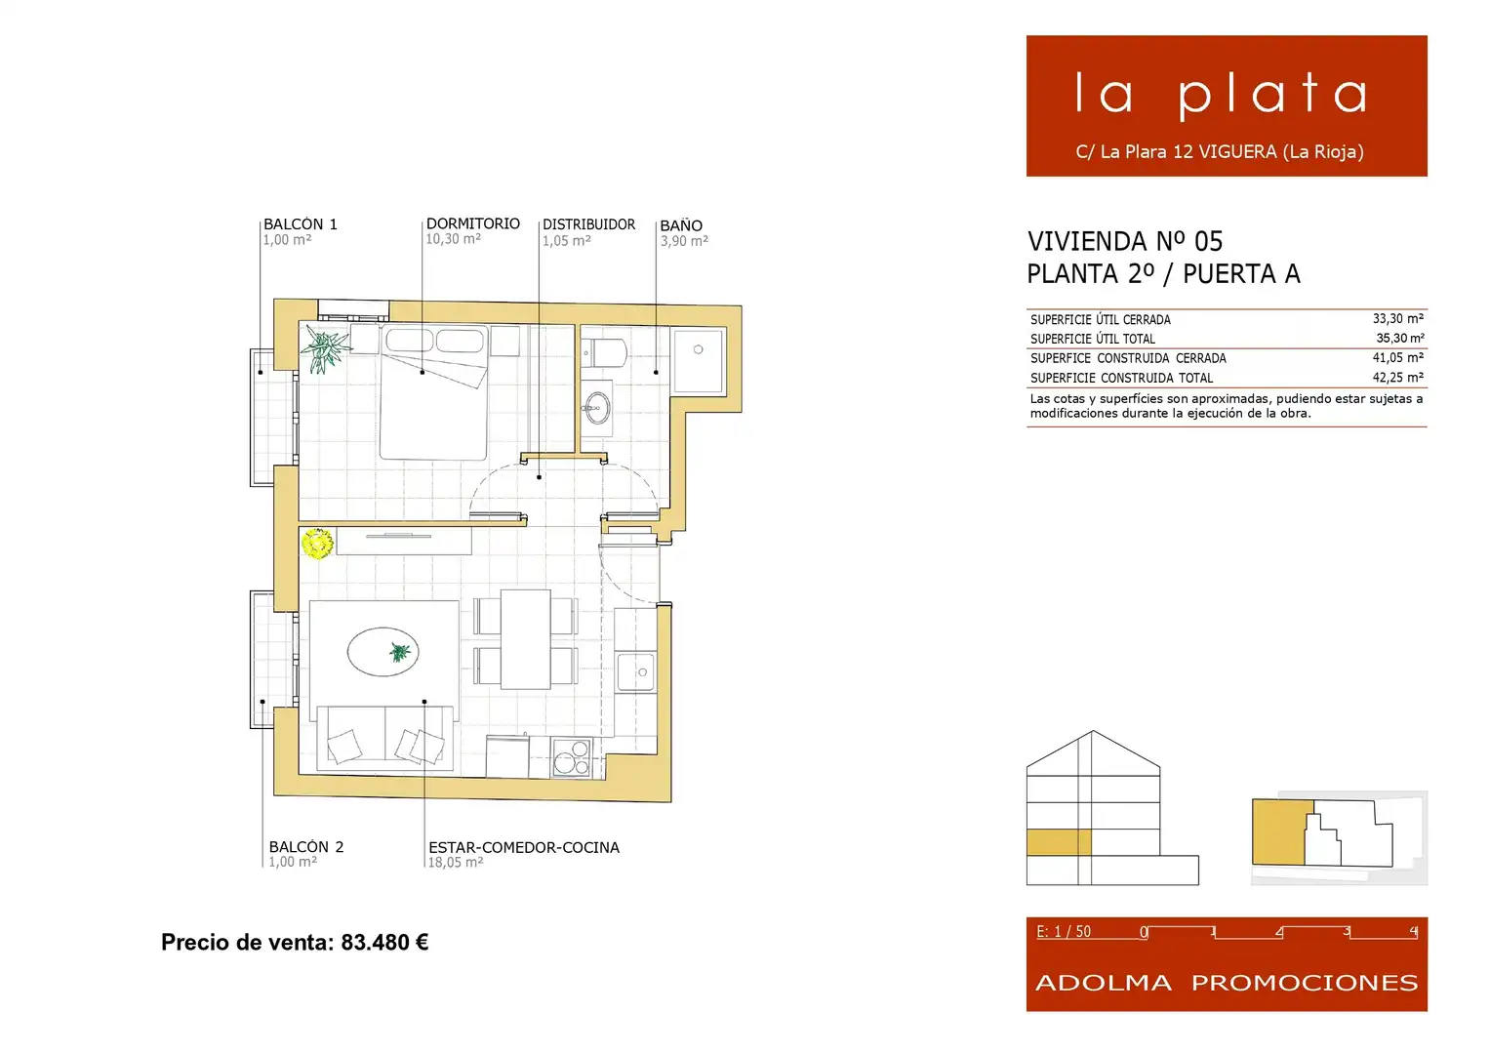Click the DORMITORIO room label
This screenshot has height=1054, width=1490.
(473, 223)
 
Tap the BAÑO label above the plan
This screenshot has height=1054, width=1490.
(681, 225)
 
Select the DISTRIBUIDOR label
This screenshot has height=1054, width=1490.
(588, 224)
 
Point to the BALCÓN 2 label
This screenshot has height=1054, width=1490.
(306, 846)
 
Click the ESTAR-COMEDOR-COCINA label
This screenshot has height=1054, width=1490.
(524, 847)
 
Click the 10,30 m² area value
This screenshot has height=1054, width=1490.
(453, 239)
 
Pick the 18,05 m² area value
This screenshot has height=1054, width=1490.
(456, 863)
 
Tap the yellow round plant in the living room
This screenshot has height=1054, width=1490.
(317, 544)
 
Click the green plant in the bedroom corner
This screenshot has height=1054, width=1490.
(325, 348)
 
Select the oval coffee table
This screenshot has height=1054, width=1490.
(383, 652)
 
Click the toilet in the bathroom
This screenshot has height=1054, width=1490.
(603, 353)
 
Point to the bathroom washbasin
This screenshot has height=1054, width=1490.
(596, 407)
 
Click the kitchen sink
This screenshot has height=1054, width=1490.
(636, 672)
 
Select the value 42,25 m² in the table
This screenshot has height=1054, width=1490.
(1398, 378)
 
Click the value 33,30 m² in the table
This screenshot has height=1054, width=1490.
(1398, 319)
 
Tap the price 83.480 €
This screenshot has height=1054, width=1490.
(385, 942)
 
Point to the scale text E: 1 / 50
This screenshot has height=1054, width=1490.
(1064, 932)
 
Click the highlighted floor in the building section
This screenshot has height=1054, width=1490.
(1059, 841)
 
